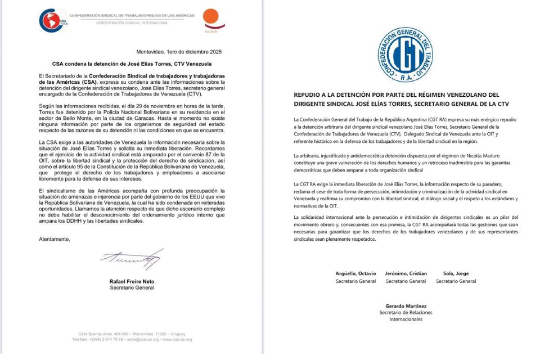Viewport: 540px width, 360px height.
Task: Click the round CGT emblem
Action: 405,55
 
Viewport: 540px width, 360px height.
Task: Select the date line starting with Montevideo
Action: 179,52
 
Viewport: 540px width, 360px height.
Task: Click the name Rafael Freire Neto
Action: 131,281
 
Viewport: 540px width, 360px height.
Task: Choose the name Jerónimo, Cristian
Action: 406,274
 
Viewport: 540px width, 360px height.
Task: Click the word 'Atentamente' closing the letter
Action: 55,239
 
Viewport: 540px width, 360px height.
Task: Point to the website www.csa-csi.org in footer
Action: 178,339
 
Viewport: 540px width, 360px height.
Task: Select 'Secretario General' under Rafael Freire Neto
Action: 131,287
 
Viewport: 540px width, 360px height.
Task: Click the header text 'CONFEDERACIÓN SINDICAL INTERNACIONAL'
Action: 132,23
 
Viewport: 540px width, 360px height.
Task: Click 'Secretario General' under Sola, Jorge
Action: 456,281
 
